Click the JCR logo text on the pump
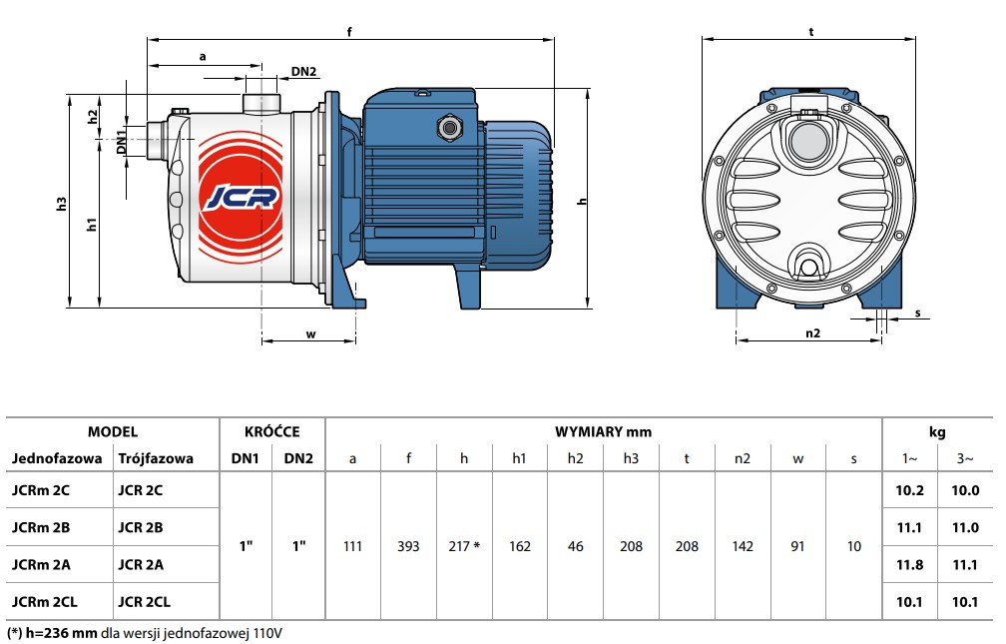coord(241,197)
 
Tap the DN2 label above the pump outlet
coord(304,71)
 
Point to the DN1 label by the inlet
coord(121,142)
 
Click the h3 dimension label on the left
coord(62,204)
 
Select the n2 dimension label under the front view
coord(812,332)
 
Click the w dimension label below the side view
coord(310,333)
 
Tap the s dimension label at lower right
coord(918,313)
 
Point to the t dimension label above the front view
coord(811,31)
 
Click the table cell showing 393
coord(408,546)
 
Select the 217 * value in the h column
coord(464,546)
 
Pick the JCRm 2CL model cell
coord(44,602)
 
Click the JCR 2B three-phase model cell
coord(141,528)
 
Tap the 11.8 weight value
coord(910,565)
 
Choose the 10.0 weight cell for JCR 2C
coord(965,490)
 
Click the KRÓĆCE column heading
coord(272,431)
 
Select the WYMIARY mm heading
coord(603,432)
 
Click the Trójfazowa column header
coord(156,458)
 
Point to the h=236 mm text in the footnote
coord(62,633)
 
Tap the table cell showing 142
coord(743,546)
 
